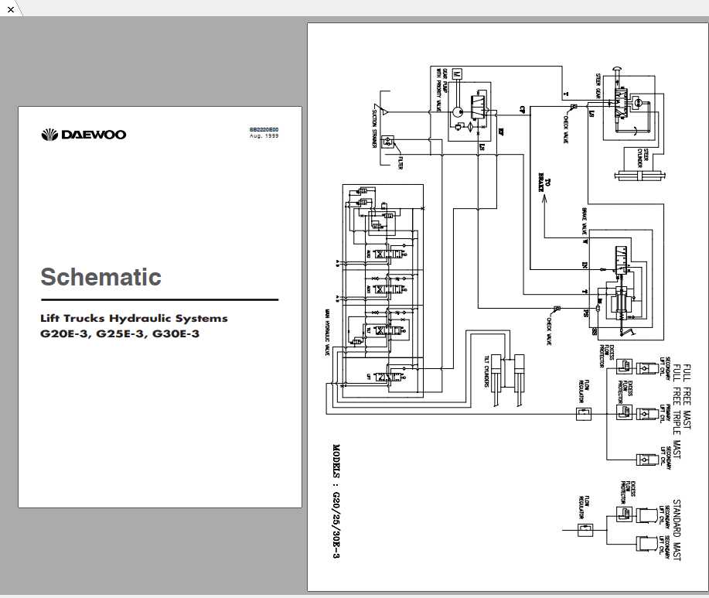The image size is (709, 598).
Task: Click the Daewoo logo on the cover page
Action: pos(83,135)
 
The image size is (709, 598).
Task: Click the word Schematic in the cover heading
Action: pos(101,277)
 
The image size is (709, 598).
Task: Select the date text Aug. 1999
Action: pos(264,135)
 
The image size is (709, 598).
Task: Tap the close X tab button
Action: pos(11,9)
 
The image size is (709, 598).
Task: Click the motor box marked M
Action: pos(456,73)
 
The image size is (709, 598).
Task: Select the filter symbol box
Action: pos(388,142)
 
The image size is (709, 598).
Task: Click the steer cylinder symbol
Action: pos(640,176)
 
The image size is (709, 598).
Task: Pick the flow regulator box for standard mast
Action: pos(585,530)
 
